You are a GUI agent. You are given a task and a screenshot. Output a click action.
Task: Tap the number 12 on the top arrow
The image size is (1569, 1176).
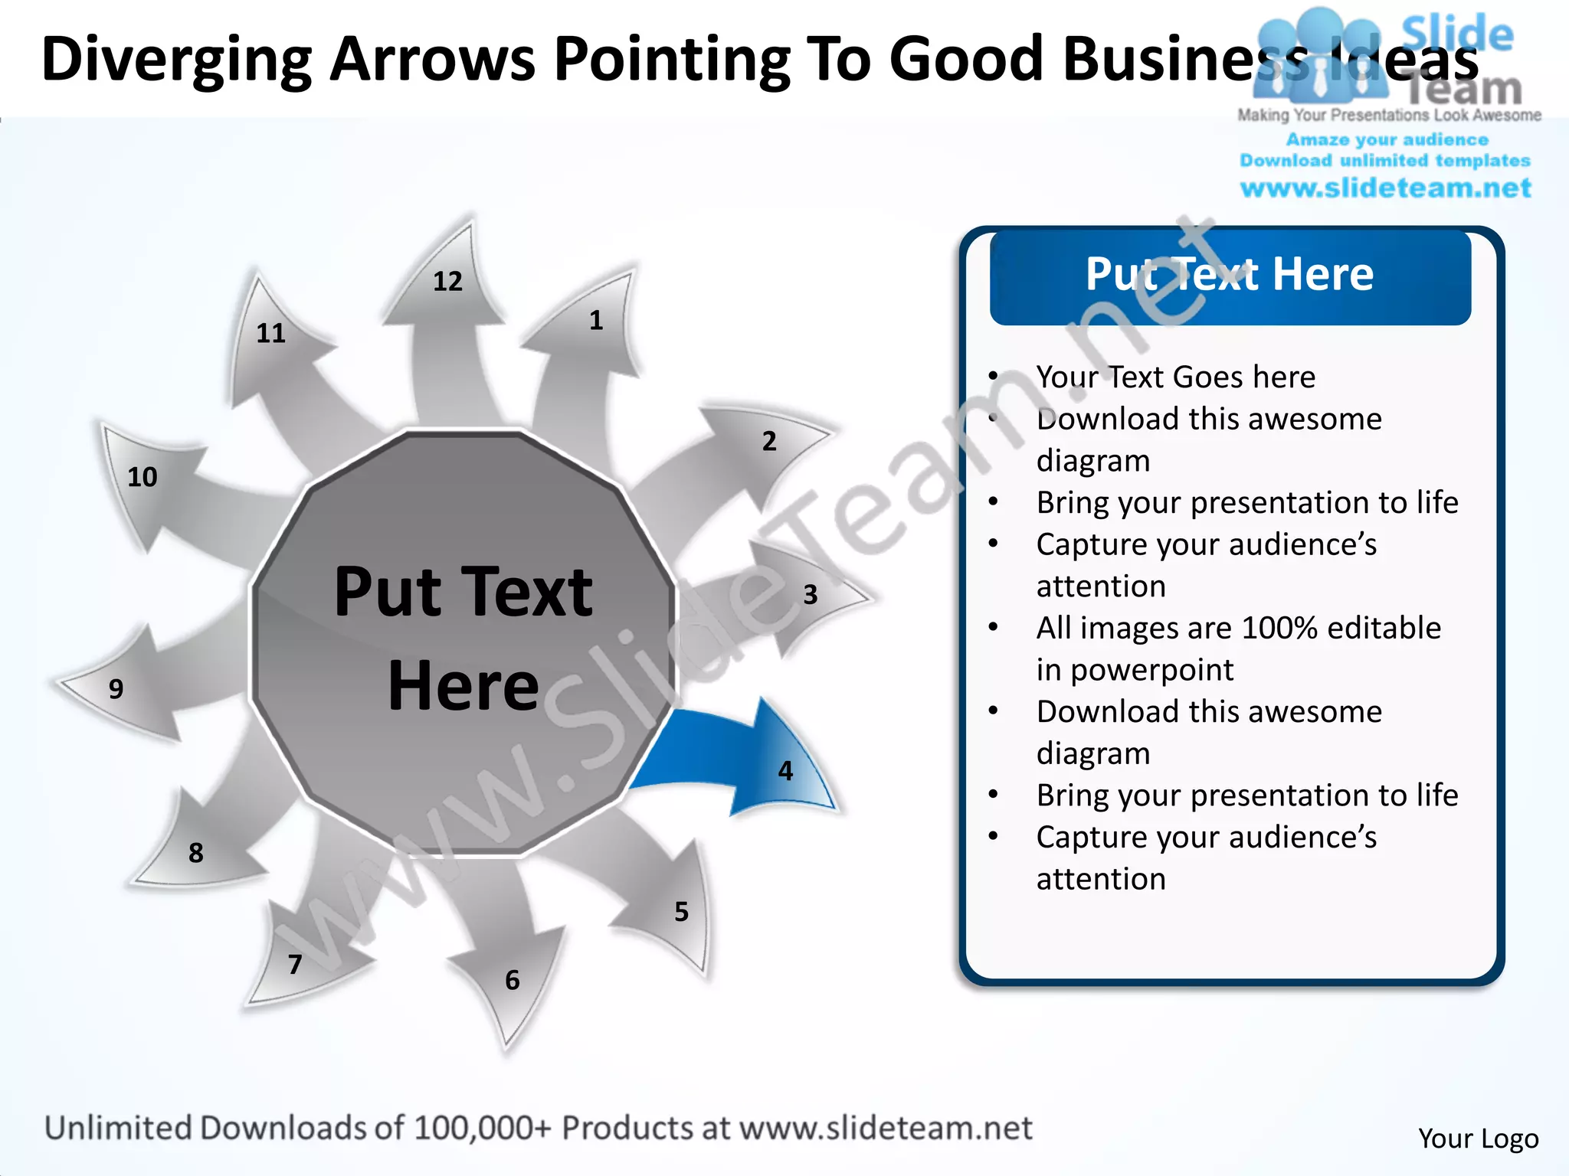[x=448, y=282]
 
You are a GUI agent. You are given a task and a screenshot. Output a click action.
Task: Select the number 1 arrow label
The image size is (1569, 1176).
[x=596, y=320]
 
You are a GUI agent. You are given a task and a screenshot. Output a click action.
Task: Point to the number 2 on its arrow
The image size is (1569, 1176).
[x=769, y=441]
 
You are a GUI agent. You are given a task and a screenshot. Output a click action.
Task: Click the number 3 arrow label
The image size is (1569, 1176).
[x=811, y=594]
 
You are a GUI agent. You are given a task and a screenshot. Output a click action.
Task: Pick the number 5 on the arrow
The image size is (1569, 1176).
[x=681, y=911]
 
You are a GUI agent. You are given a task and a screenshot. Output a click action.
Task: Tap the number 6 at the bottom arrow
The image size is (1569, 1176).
[x=513, y=980]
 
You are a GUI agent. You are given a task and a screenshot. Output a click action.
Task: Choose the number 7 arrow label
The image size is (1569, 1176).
[x=295, y=964]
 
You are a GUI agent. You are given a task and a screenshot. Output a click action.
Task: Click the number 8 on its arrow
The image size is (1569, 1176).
[x=196, y=852]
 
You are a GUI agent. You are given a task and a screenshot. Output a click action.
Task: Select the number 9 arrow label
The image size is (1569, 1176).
[x=116, y=689]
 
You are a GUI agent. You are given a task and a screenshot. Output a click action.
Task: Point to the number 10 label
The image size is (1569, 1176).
[x=142, y=477]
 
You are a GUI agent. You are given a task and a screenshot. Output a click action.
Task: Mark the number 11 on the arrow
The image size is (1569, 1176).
[x=270, y=333]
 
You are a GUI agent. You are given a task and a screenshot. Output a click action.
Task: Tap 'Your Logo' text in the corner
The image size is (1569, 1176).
[x=1478, y=1138]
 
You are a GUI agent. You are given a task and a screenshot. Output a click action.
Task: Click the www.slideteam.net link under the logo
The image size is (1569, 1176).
[x=1385, y=188]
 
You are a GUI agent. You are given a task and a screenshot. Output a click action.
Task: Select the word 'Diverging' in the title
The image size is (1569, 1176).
[x=176, y=60]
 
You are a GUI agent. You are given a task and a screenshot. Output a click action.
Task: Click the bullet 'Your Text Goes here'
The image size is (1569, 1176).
[x=1175, y=377]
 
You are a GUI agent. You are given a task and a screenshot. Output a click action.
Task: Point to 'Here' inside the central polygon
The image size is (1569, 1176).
[x=463, y=685]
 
